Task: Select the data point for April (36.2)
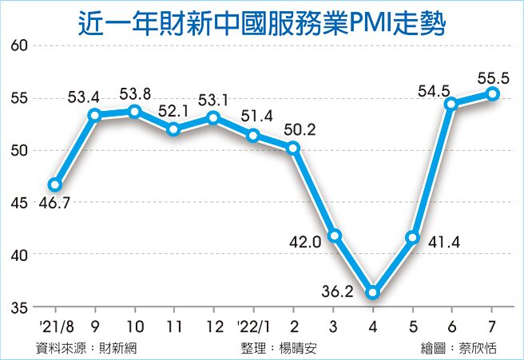372,293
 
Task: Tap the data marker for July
493,93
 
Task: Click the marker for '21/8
55,184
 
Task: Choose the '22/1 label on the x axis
253,328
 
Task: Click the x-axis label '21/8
54,328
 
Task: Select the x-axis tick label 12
213,328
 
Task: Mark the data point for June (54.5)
452,104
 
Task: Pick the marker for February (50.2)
293,148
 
